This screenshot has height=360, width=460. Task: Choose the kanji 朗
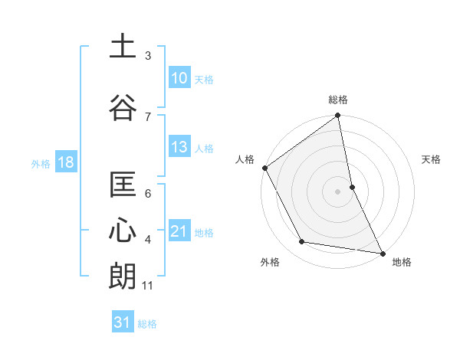point(123,275)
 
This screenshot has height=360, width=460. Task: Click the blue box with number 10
point(179,78)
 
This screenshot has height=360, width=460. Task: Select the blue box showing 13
point(179,147)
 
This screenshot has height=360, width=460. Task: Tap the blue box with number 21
point(179,231)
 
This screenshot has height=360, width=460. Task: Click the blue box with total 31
point(123,322)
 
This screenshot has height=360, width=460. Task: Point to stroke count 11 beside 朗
point(148,286)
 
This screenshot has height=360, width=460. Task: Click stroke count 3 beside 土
point(148,56)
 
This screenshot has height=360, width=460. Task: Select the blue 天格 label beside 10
point(204,79)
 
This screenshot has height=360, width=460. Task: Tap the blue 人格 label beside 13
point(204,148)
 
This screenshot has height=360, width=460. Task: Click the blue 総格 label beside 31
point(147,323)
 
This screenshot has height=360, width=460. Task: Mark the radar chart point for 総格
point(337,116)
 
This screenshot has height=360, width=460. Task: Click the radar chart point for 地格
point(382,253)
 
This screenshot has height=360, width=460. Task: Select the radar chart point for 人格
point(264,168)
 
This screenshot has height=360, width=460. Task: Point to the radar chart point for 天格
point(352,187)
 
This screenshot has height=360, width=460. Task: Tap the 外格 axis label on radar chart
point(270,262)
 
